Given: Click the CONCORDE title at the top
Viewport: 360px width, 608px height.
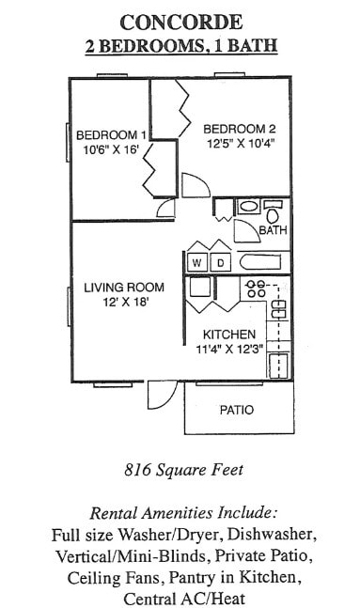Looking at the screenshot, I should click(181, 22).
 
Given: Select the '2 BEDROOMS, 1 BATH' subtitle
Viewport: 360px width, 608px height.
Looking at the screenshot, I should click(181, 46).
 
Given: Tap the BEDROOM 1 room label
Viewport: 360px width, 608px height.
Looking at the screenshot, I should click(111, 133).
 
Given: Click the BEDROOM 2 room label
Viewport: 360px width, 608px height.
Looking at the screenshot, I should click(239, 129).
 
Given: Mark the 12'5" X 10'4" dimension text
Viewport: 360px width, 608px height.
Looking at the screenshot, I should click(239, 145).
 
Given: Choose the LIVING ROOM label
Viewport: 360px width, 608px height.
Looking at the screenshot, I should click(123, 287).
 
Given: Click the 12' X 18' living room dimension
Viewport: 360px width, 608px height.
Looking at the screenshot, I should click(123, 303).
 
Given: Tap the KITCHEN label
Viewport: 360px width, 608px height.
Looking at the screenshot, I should click(229, 335).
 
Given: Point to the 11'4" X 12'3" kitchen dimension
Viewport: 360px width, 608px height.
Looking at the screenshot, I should click(229, 351).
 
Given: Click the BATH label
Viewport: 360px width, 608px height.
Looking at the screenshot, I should click(273, 229).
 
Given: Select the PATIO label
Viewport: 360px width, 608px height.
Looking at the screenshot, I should click(237, 410).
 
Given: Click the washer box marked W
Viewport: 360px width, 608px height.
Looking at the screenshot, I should click(198, 262).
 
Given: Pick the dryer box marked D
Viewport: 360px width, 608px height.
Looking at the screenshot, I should click(221, 262).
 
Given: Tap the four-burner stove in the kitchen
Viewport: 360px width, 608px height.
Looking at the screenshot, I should click(255, 289).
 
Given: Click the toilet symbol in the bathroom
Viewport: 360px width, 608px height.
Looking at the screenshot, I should click(273, 210).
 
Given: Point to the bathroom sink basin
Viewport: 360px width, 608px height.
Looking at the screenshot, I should click(248, 206).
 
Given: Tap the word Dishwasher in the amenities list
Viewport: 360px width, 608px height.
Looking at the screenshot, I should click(272, 534).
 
